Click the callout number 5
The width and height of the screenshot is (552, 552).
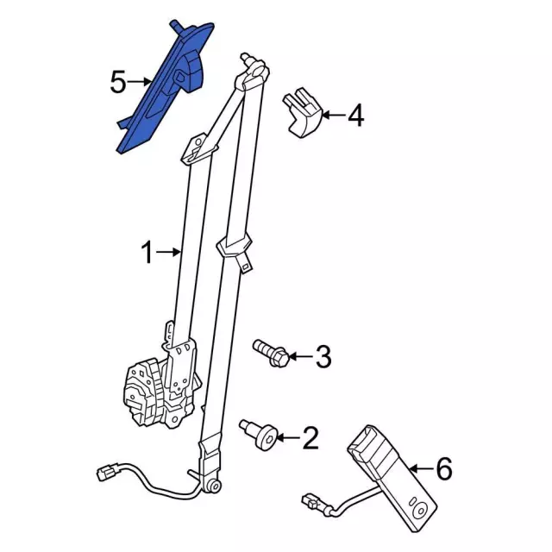pyautogui.click(x=118, y=83)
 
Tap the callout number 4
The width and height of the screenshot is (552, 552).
pyautogui.click(x=356, y=116)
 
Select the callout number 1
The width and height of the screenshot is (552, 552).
pyautogui.click(x=147, y=252)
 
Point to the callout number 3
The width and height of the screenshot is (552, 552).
pyautogui.click(x=323, y=356)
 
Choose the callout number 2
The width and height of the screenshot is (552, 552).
pyautogui.click(x=310, y=438)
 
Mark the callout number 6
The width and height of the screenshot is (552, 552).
pyautogui.click(x=444, y=468)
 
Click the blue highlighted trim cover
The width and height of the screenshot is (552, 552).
pyautogui.click(x=166, y=88)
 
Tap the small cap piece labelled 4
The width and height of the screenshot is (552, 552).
pyautogui.click(x=303, y=113)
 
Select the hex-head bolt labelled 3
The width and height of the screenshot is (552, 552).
pyautogui.click(x=271, y=352)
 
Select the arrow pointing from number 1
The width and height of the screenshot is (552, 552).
pyautogui.click(x=169, y=252)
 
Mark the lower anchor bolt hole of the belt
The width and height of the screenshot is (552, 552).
pyautogui.click(x=214, y=486)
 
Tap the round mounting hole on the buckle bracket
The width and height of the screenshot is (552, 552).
pyautogui.click(x=421, y=511)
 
